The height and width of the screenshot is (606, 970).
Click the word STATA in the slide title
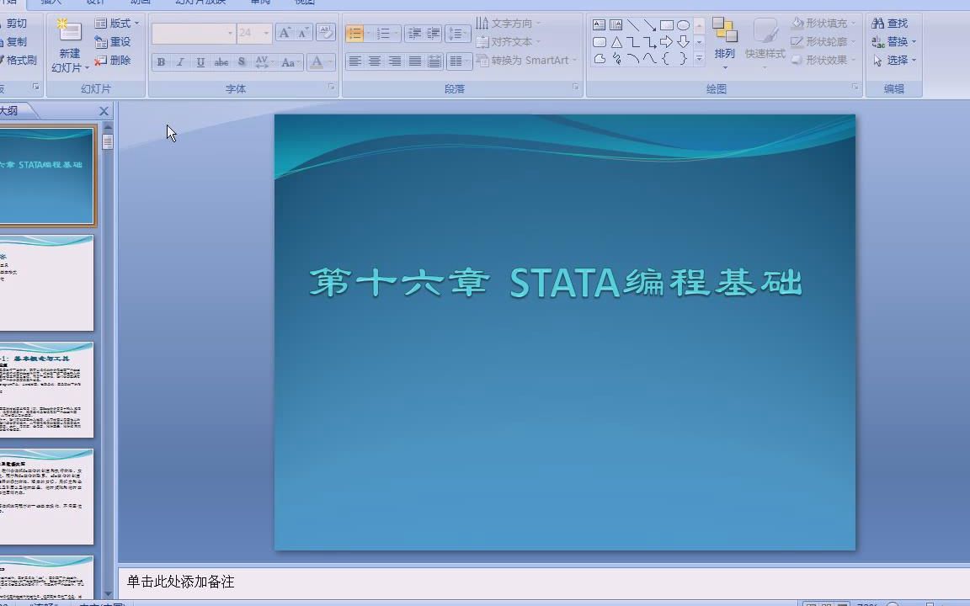coord(564,284)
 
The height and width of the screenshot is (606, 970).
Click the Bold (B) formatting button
coord(161,62)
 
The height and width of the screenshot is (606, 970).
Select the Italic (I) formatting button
coord(180,62)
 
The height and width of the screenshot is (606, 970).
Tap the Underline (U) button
coord(200,62)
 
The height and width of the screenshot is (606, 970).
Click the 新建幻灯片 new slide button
coord(69,46)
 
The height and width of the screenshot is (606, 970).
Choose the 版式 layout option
coord(116,24)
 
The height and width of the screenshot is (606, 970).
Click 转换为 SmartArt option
coord(526,61)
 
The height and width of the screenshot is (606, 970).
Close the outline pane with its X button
coord(104,111)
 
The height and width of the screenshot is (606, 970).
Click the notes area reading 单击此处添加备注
coord(181,582)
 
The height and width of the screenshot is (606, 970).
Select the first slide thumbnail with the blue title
coord(47,176)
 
